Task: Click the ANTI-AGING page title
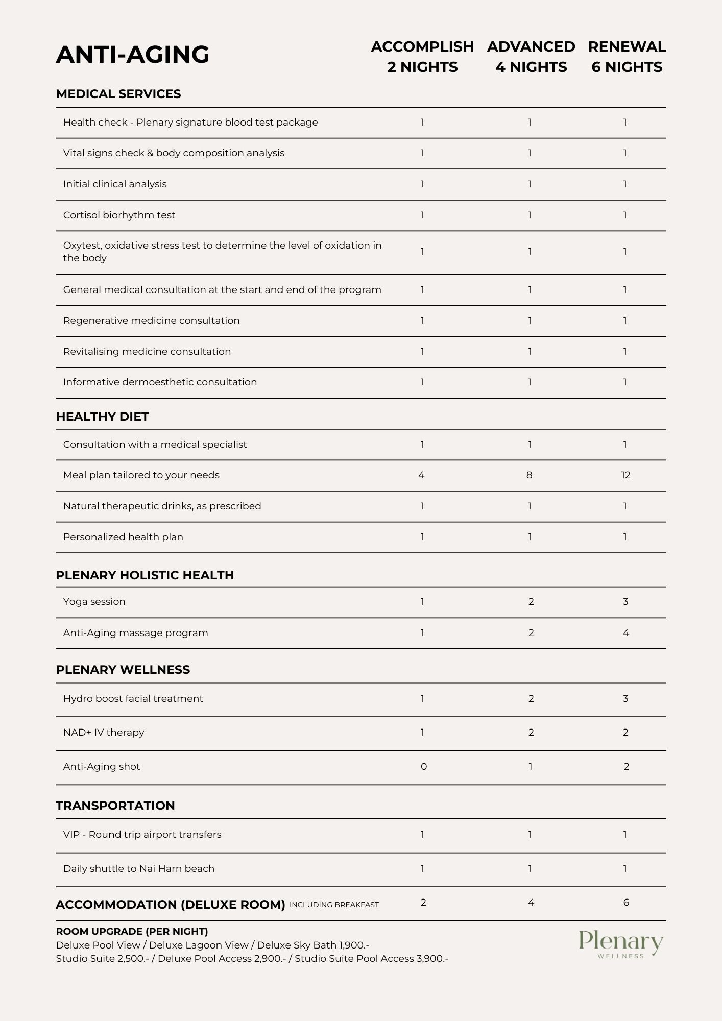pos(133,55)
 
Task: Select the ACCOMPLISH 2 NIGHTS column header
pos(422,57)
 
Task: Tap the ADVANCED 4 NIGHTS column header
pos(531,57)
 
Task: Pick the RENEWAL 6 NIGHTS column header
pos(627,57)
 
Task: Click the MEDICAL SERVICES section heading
pos(118,94)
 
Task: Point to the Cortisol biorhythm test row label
pos(119,215)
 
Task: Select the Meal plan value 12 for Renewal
pos(626,475)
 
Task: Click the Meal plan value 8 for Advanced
pos(530,475)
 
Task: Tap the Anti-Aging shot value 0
pos(424,767)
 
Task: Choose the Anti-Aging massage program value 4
pos(626,633)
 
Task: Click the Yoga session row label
pos(94,602)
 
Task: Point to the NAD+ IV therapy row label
pos(104,733)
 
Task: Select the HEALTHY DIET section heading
pos(102,417)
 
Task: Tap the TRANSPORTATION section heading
pos(115,806)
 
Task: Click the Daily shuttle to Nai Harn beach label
pos(139,869)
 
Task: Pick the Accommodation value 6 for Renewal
pos(626,903)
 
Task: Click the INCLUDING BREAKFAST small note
pos(334,905)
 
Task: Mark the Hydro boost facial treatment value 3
pos(625,699)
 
